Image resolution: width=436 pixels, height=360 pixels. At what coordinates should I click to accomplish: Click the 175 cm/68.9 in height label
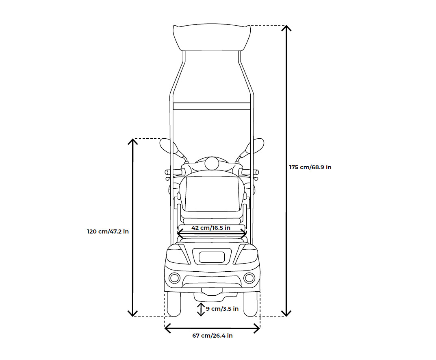pyautogui.click(x=310, y=167)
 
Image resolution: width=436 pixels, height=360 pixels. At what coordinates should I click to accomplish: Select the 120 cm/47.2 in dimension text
pyautogui.click(x=108, y=231)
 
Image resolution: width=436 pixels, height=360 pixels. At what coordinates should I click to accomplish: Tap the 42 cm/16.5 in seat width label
pyautogui.click(x=211, y=228)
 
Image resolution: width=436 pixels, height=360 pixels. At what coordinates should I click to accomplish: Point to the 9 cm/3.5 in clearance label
pyautogui.click(x=222, y=309)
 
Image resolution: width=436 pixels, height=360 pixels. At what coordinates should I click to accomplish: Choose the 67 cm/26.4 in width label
pyautogui.click(x=213, y=336)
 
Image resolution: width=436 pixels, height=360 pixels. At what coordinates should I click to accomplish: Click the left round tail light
pyautogui.click(x=175, y=278)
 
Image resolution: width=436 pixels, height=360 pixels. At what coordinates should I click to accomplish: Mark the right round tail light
pyautogui.click(x=249, y=278)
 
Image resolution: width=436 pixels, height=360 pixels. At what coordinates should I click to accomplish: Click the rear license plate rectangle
pyautogui.click(x=212, y=257)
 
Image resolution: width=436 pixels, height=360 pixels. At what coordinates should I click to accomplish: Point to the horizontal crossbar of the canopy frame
pyautogui.click(x=212, y=106)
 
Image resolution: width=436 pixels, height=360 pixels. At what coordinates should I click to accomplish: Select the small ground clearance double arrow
pyautogui.click(x=201, y=309)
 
